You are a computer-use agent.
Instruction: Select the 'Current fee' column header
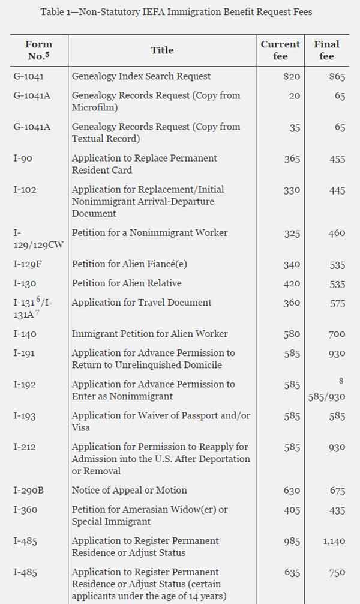(280, 50)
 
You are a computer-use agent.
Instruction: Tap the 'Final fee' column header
(326, 50)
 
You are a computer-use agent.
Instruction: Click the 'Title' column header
(162, 50)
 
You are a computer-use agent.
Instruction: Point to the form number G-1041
(28, 77)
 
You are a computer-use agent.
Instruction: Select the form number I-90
(25, 159)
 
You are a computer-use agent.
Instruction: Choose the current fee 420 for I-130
(292, 283)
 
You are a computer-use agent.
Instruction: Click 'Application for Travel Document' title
(142, 303)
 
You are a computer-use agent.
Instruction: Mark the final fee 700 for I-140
(337, 334)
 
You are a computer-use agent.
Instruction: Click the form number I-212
(25, 447)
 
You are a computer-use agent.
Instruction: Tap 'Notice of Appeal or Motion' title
(129, 490)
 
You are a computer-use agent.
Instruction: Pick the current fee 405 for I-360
(292, 510)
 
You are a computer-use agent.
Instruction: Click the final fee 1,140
(334, 541)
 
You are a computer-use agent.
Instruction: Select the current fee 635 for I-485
(292, 573)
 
